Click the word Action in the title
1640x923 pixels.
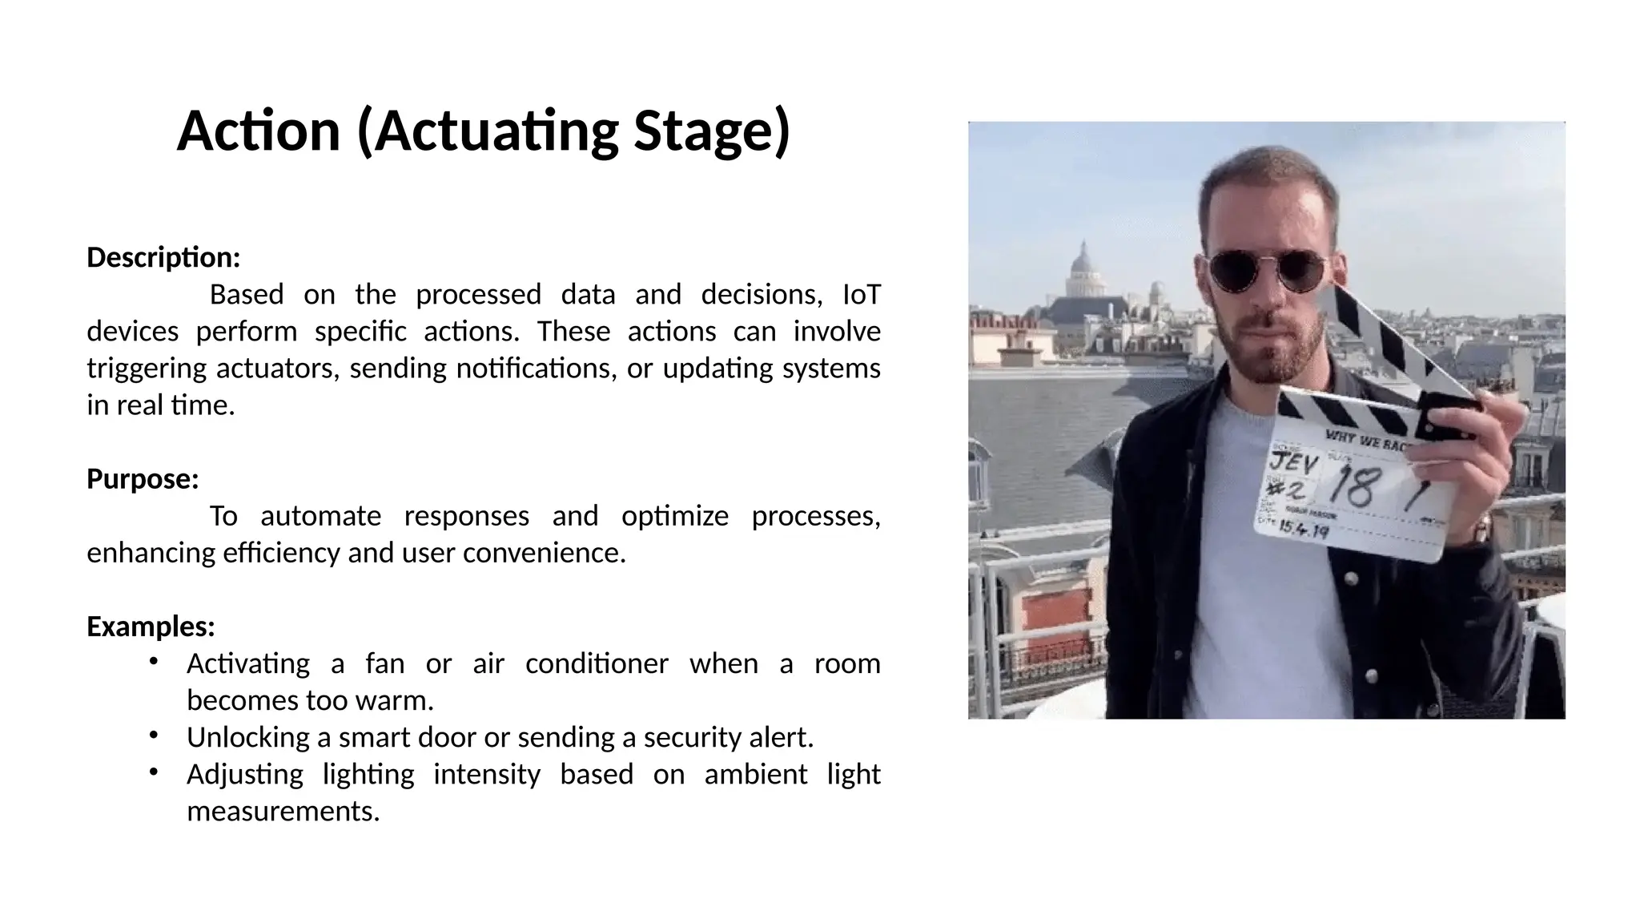(258, 131)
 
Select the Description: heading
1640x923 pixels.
(163, 258)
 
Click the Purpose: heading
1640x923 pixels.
(143, 479)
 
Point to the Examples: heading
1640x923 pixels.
(151, 627)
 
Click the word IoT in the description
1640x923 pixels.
(862, 295)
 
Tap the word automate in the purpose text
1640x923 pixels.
(320, 516)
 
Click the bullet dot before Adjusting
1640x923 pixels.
(153, 772)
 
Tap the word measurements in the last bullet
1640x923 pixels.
(283, 811)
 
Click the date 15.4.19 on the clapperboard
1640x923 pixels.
(1303, 529)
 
